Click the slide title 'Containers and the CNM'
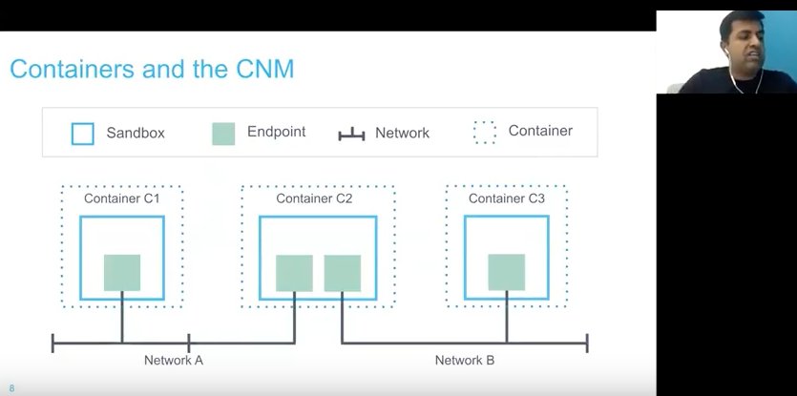152,69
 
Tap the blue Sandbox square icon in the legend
83,134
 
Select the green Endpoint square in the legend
223,134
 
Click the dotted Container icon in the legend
485,132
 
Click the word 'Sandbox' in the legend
136,134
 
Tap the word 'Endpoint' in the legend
276,132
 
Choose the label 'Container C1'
121,198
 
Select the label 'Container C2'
314,198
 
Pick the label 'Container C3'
507,198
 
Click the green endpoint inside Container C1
122,272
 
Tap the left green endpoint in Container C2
294,273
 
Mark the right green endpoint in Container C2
342,273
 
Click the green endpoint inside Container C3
507,272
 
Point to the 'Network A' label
174,361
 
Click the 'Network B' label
465,361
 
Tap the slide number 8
11,387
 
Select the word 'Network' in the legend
402,134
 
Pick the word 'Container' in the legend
540,131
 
